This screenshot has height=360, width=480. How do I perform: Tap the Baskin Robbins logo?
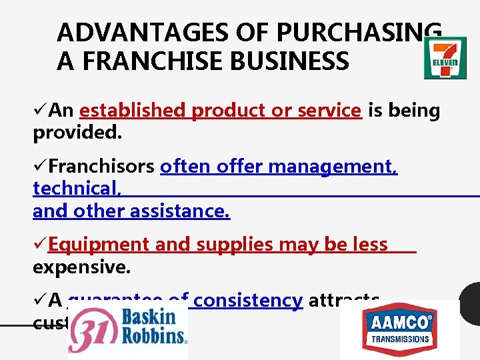[x=128, y=331]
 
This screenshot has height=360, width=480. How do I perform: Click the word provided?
[x=77, y=133]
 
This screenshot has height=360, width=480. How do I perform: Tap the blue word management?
[x=345, y=165]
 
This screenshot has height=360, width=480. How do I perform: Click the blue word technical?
[x=77, y=189]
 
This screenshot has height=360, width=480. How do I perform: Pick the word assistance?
[x=179, y=211]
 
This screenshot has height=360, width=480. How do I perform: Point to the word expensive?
[x=82, y=267]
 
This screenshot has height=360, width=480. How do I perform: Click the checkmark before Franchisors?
[x=40, y=165]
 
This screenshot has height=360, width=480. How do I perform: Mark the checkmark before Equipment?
[x=40, y=245]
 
